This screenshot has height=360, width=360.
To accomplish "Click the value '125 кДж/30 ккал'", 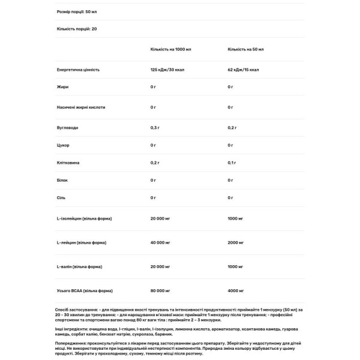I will coord(168,70).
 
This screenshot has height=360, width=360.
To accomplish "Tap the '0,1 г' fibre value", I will coord(232,163).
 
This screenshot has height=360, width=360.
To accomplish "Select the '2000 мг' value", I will coord(236,242).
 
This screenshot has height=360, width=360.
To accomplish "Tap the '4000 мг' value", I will coord(236,291).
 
